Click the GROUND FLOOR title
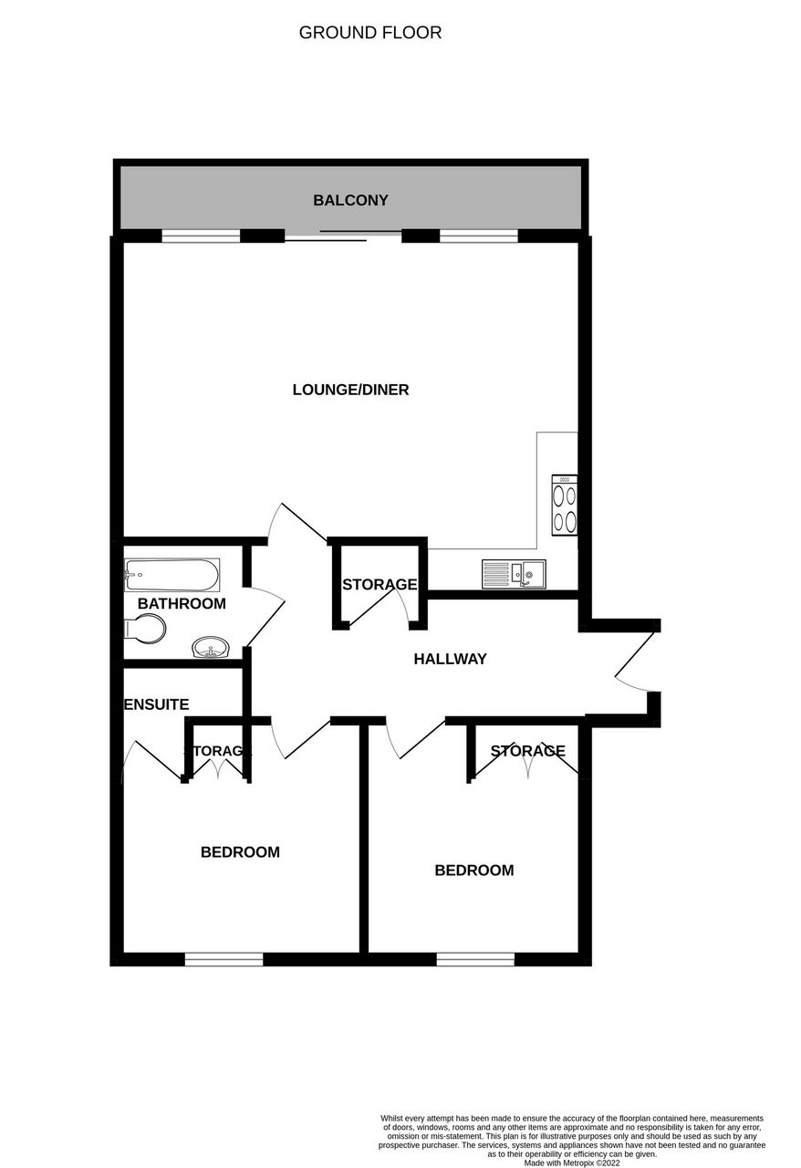coord(370,33)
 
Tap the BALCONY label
coord(350,200)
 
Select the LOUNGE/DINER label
coord(350,390)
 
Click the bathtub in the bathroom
coord(172,575)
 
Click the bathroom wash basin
coord(212,648)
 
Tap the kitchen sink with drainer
coord(514,574)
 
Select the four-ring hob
coord(565,505)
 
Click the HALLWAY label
coord(450,659)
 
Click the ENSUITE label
coord(156,704)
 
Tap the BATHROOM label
coord(182,603)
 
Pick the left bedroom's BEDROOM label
coord(241,852)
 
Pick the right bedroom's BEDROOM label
coord(474,871)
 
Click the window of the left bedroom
coord(224,959)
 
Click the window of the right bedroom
coord(475,959)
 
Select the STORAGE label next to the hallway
coord(380,585)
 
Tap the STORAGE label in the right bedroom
coord(527,751)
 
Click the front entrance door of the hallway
coord(635,660)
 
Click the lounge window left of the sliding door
coord(201,236)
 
